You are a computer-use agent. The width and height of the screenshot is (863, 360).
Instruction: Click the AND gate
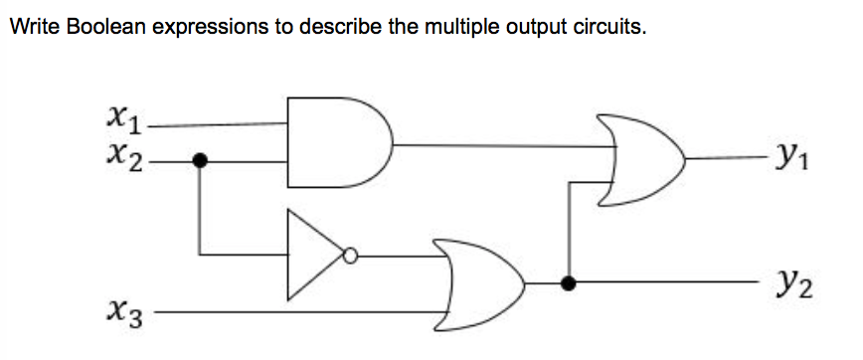coord(338,142)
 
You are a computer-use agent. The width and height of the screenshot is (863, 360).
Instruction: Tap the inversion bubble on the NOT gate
coord(349,256)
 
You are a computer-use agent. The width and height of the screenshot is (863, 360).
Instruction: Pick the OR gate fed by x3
coord(483,283)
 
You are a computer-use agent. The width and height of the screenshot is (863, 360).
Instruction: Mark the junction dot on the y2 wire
coord(569,283)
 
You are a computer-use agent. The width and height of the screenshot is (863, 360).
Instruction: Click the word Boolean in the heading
coord(100,27)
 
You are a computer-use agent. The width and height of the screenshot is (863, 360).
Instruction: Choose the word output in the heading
coord(536,27)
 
